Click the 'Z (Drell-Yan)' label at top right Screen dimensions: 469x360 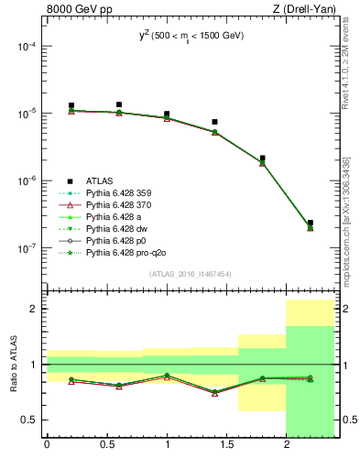tap(305, 10)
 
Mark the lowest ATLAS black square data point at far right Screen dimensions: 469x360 tap(311, 223)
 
